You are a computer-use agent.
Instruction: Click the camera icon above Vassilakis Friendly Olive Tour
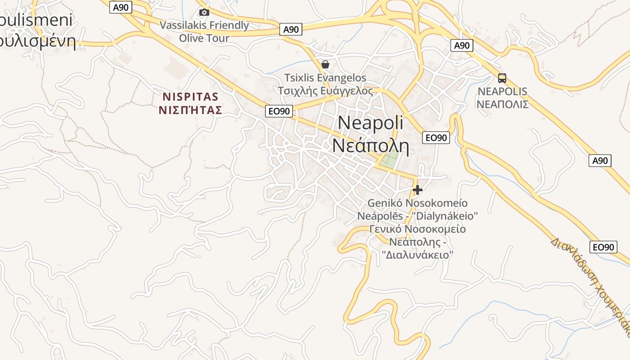pyautogui.click(x=204, y=12)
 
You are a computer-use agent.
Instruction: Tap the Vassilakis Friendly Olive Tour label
pyautogui.click(x=204, y=31)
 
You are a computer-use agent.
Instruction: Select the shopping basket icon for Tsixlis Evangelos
pyautogui.click(x=325, y=64)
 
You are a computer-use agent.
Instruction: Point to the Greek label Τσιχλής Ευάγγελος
pyautogui.click(x=325, y=91)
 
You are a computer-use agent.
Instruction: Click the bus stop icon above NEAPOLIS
pyautogui.click(x=502, y=78)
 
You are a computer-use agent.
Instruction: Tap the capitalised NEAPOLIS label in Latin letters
pyautogui.click(x=502, y=91)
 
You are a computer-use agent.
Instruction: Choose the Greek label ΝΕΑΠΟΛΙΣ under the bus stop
pyautogui.click(x=502, y=104)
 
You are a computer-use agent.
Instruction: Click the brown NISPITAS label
pyautogui.click(x=190, y=97)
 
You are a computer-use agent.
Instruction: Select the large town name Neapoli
pyautogui.click(x=370, y=123)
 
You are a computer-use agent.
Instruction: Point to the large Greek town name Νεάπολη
pyautogui.click(x=370, y=145)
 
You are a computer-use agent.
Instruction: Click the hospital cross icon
pyautogui.click(x=418, y=190)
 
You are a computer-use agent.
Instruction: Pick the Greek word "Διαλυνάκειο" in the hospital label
pyautogui.click(x=417, y=255)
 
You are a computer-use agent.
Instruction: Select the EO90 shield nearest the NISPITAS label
pyautogui.click(x=279, y=111)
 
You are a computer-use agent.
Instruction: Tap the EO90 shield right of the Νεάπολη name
pyautogui.click(x=436, y=138)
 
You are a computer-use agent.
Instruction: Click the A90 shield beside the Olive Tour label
pyautogui.click(x=291, y=30)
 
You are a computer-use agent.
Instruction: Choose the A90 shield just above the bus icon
pyautogui.click(x=462, y=45)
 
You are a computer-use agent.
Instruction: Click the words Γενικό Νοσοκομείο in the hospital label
pyautogui.click(x=417, y=229)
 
